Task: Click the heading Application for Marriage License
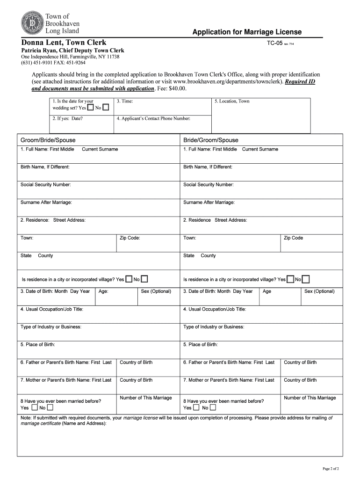[x=247, y=32]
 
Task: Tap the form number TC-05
[x=274, y=44]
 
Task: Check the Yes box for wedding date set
[x=90, y=108]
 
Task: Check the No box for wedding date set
[x=106, y=108]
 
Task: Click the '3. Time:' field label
[x=125, y=101]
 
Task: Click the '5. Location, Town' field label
[x=232, y=101]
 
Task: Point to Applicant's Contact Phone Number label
[x=154, y=118]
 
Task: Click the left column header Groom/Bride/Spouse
[x=48, y=140]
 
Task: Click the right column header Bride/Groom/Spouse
[x=210, y=140]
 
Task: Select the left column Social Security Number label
[x=46, y=185]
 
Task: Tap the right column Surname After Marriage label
[x=209, y=203]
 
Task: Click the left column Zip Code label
[x=130, y=238]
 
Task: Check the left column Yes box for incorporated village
[x=129, y=279]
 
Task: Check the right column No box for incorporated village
[x=306, y=279]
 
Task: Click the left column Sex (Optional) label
[x=156, y=291]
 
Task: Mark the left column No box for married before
[x=50, y=407]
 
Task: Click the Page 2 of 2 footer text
[x=331, y=468]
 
